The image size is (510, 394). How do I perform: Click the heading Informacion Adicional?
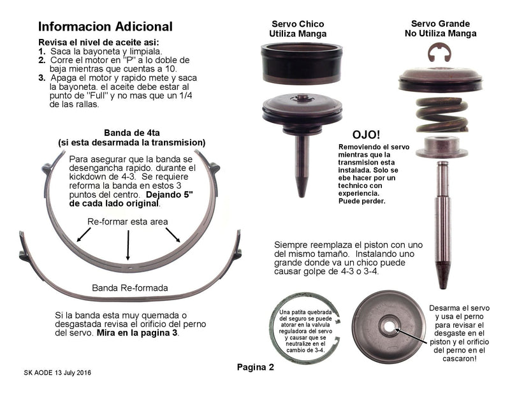[105, 27]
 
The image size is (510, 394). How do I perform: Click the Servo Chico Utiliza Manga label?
[298, 28]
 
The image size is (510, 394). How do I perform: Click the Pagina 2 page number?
[255, 367]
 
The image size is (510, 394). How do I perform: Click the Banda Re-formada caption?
[130, 288]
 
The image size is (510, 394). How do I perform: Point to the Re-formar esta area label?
[127, 221]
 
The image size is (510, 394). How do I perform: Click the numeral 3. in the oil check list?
[42, 78]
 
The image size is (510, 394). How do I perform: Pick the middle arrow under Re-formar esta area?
[129, 245]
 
